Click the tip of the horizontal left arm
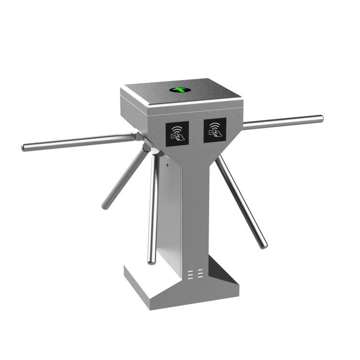24,148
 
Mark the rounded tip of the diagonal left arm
104,206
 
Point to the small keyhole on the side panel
166,164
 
